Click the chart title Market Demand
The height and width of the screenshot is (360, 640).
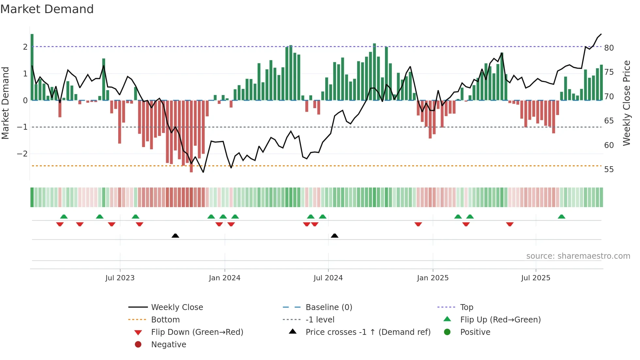point(47,9)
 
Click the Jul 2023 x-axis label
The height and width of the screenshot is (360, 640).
point(120,278)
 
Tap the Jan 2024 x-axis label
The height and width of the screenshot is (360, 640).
point(225,278)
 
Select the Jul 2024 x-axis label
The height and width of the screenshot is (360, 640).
point(328,278)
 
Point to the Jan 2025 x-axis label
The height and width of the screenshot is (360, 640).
point(433,278)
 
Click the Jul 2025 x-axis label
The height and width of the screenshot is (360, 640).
point(536,278)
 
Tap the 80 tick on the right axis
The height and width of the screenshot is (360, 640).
point(609,48)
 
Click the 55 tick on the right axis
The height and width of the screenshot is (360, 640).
point(609,170)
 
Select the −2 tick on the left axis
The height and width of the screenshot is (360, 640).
point(22,154)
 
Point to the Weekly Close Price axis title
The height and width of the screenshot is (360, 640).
point(626,103)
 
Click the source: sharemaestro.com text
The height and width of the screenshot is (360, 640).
point(578,256)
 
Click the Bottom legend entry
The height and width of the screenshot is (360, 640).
point(165,320)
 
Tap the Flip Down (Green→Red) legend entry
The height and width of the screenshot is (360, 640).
point(197,332)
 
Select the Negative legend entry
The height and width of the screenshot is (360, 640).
point(168,345)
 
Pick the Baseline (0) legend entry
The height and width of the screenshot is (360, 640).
point(329,307)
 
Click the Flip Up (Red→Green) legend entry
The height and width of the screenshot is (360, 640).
point(500,320)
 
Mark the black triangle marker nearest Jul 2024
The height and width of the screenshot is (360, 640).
point(335,236)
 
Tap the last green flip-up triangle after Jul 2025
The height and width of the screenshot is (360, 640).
point(562,217)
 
